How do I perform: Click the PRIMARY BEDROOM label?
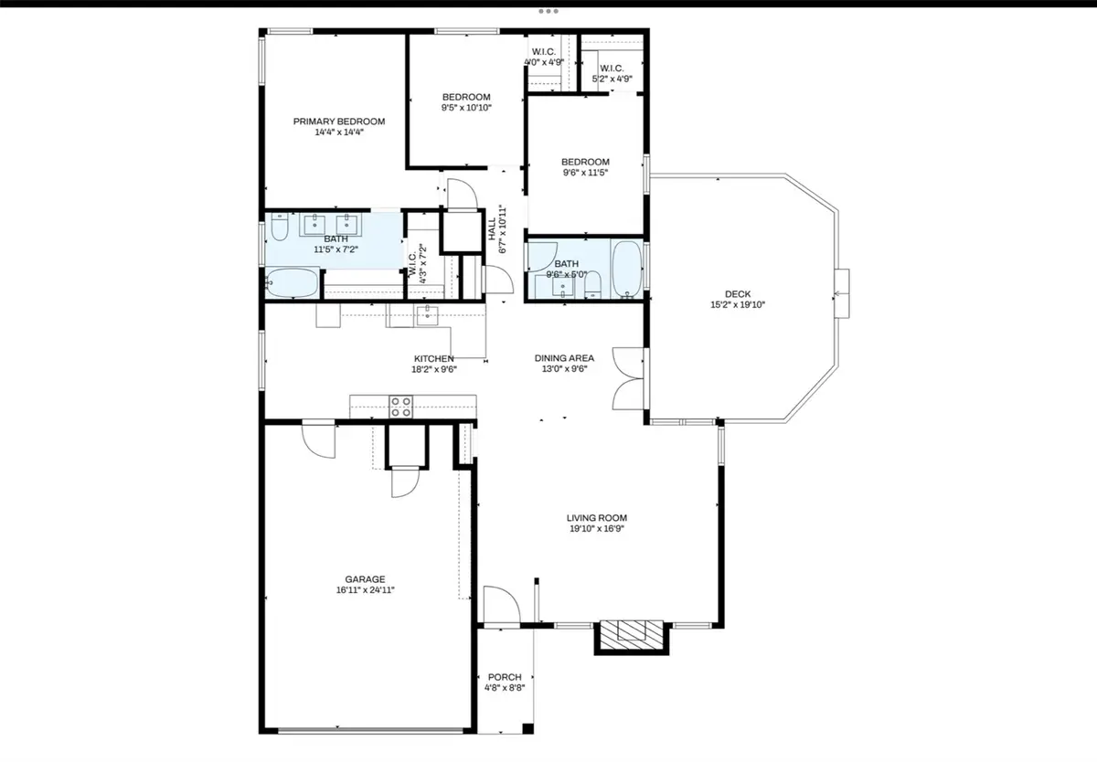338,122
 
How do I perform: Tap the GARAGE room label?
365,579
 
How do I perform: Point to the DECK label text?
738,294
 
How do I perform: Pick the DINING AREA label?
564,358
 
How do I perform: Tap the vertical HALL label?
492,222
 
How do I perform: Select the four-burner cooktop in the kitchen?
401,406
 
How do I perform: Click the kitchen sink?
428,316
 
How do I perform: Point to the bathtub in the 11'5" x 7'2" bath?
293,283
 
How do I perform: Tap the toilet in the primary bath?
280,225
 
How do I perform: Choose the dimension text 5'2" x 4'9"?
612,79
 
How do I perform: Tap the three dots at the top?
548,12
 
